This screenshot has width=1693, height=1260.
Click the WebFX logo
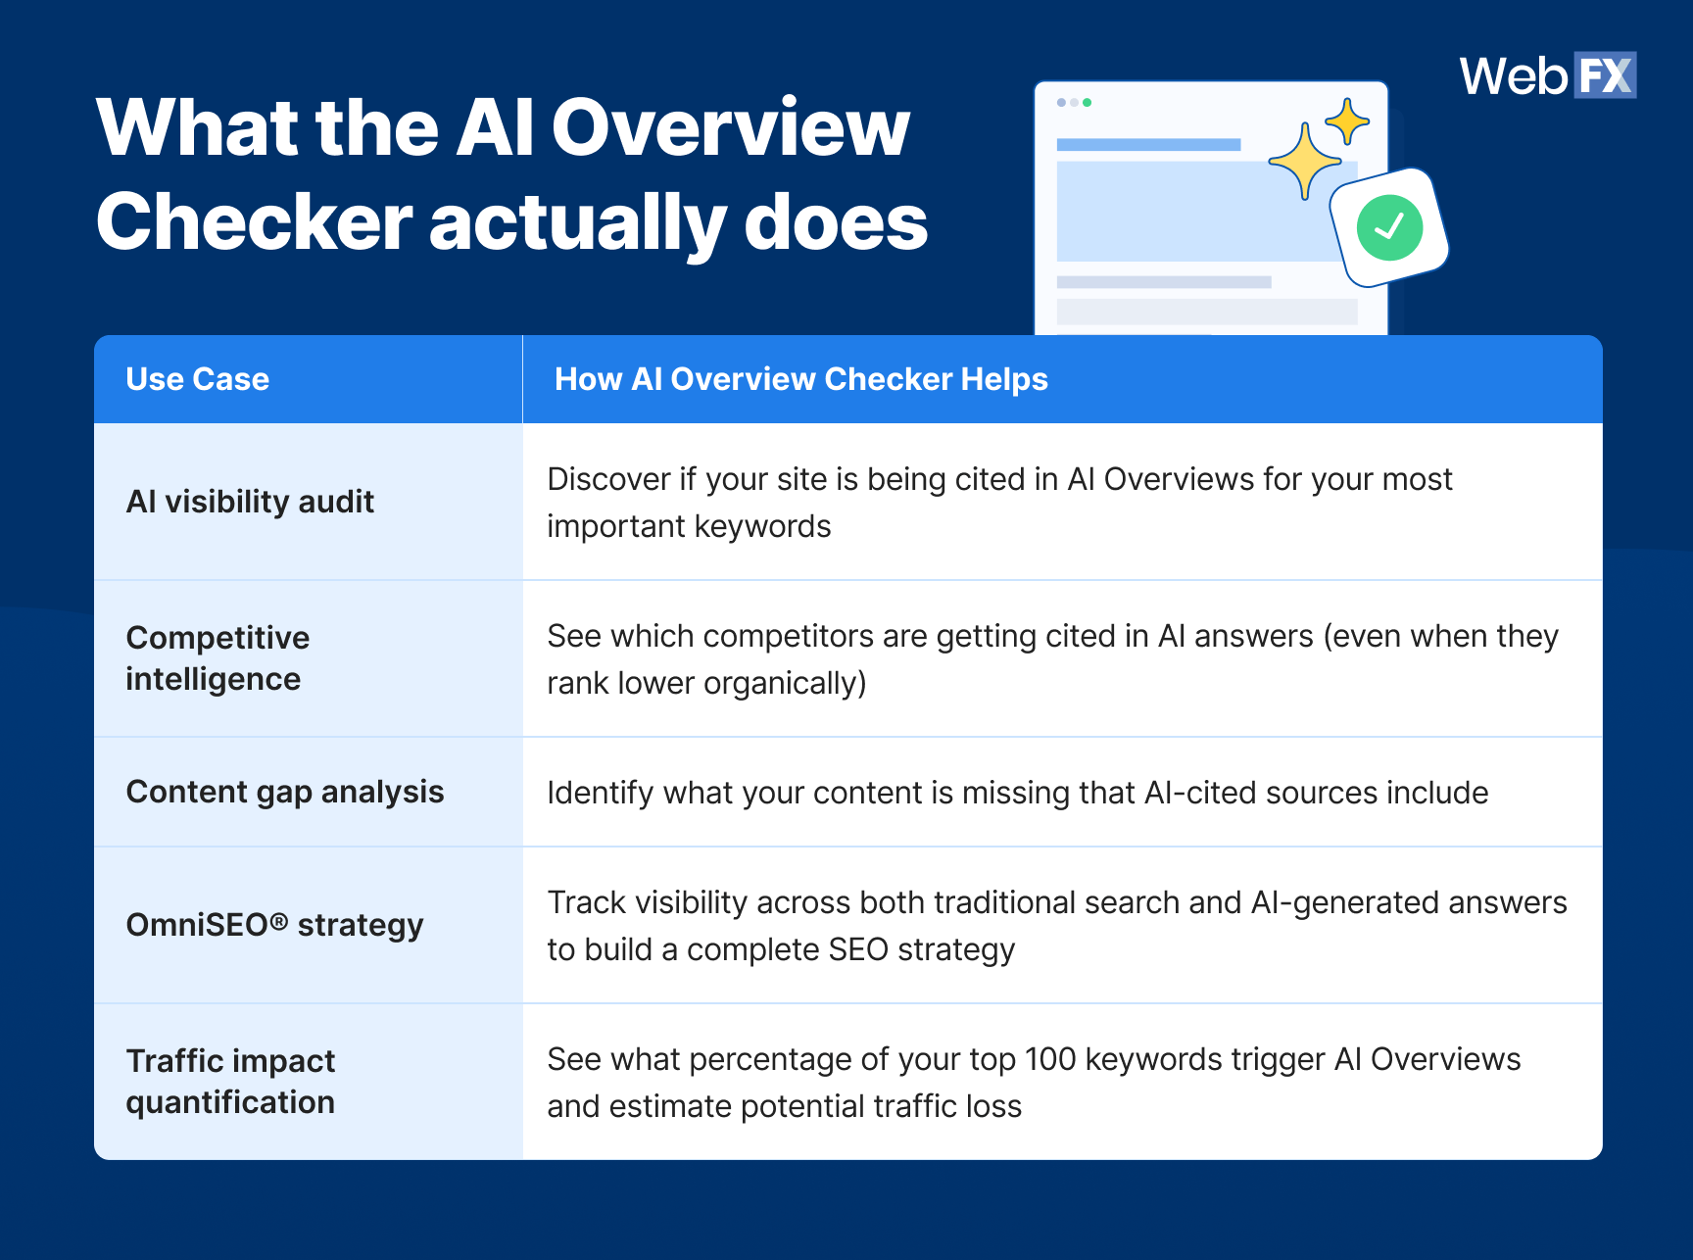click(x=1547, y=75)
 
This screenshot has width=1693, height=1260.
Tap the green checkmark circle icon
click(x=1389, y=227)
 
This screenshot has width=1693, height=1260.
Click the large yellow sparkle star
click(x=1305, y=162)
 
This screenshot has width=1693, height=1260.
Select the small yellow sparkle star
click(x=1347, y=121)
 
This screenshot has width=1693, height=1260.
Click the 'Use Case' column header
click(x=197, y=379)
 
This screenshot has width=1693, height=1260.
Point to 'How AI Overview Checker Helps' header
click(x=800, y=379)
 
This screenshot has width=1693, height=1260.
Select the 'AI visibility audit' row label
click(x=250, y=502)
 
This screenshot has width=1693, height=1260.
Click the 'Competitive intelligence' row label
click(x=218, y=658)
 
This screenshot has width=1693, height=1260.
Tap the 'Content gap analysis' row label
click(x=284, y=792)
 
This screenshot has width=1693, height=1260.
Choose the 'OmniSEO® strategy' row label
click(x=274, y=925)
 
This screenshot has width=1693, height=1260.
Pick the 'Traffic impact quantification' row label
click(x=230, y=1082)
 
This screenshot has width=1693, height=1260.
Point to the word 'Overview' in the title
click(x=730, y=127)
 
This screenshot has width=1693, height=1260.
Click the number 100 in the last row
click(x=1049, y=1059)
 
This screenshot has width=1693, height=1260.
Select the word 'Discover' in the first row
click(x=608, y=480)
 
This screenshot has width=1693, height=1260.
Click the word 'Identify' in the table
click(x=600, y=793)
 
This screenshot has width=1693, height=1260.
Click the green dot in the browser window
click(x=1087, y=102)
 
